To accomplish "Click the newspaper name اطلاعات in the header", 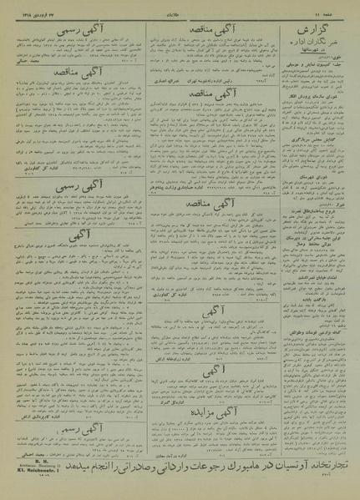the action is click(x=179, y=7).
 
